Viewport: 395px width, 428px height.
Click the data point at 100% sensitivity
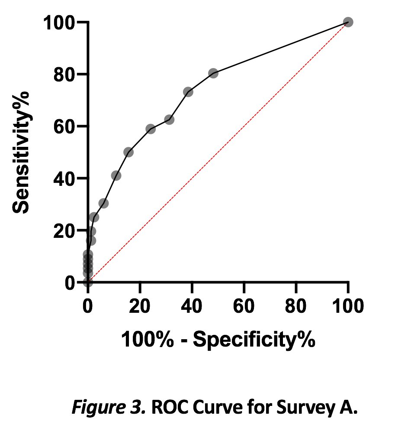pos(348,22)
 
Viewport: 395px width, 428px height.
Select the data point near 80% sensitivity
pos(213,73)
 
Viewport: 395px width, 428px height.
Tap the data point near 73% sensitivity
pos(188,92)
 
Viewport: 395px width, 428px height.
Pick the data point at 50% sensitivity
pos(128,152)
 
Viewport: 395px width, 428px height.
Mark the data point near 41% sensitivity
pos(116,175)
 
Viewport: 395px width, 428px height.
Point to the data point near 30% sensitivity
pos(103,203)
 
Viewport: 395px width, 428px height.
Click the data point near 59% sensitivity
pos(151,129)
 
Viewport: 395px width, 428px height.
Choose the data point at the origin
pos(88,282)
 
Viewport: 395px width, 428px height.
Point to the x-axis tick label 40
pos(192,306)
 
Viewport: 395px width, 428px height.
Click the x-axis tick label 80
pos(296,306)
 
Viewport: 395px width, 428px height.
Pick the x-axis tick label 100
pos(348,306)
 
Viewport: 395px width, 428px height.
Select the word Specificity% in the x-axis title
pos(254,340)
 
